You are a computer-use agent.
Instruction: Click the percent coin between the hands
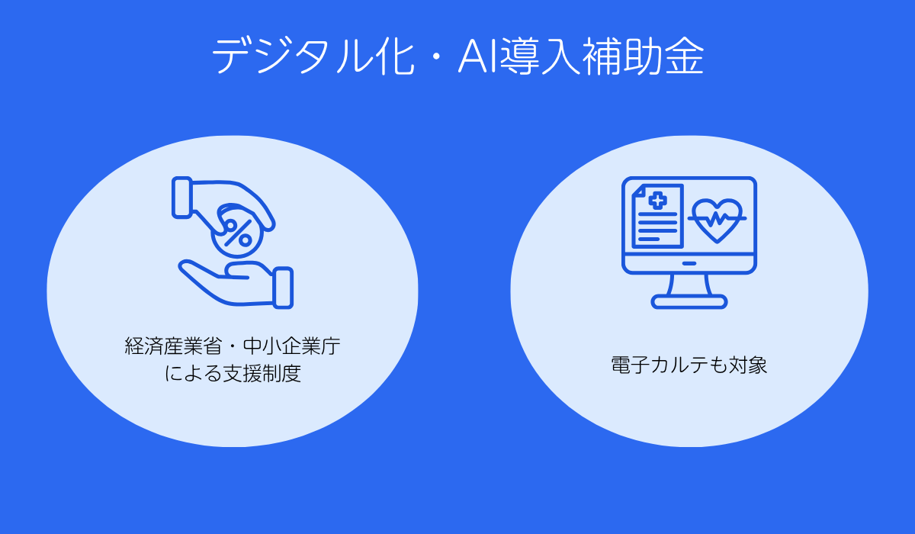tap(237, 231)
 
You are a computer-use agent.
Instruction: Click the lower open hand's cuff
tap(282, 288)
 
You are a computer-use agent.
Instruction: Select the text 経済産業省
tap(172, 347)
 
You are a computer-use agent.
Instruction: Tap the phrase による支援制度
tap(233, 375)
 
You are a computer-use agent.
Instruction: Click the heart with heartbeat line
tap(717, 220)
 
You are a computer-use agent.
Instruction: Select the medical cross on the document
tap(657, 200)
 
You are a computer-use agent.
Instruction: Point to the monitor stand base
tap(689, 302)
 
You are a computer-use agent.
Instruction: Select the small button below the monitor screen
tap(689, 263)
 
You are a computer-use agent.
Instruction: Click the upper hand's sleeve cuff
tap(183, 197)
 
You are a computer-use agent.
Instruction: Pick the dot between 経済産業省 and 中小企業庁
tap(232, 348)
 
